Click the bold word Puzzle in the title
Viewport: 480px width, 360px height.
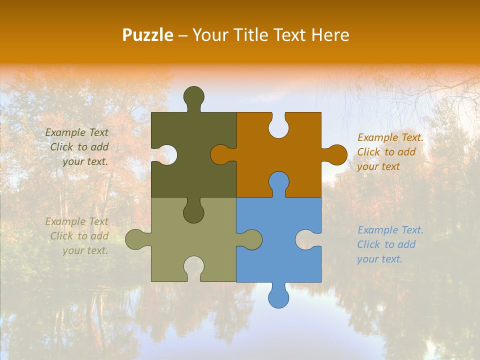148,35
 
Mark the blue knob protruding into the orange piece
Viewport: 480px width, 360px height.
278,182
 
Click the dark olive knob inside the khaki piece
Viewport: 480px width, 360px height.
193,212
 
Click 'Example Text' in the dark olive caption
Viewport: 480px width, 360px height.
76,132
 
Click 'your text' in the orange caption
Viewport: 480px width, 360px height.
378,166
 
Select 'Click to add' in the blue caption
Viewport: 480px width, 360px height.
386,244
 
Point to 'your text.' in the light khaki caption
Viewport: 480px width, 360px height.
85,250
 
